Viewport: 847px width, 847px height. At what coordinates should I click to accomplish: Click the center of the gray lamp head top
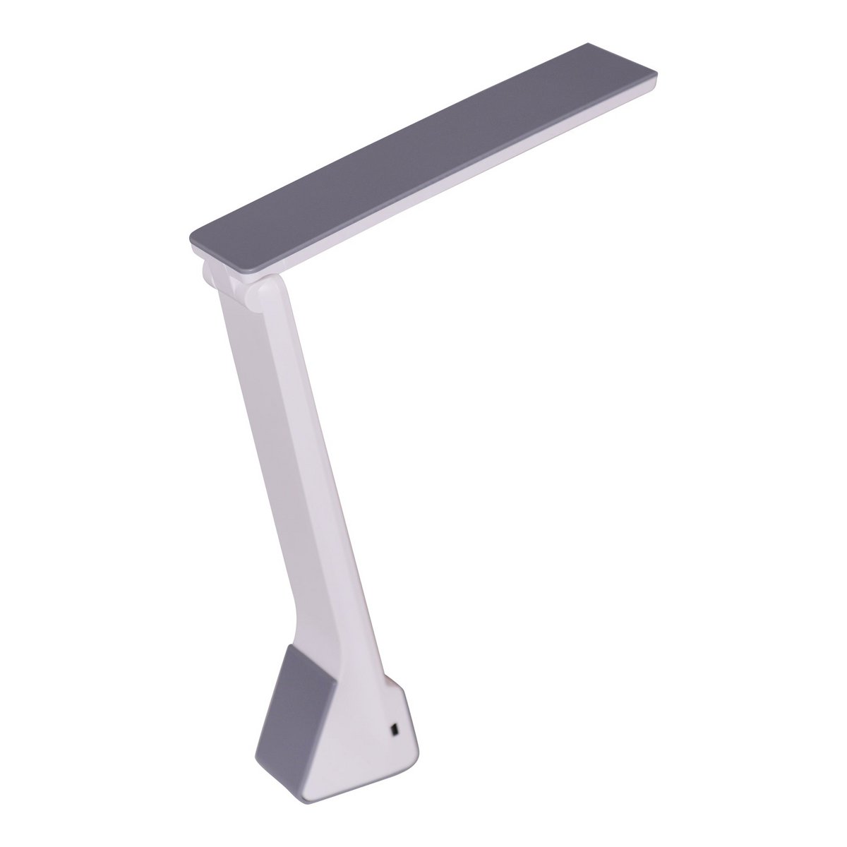point(423,162)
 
